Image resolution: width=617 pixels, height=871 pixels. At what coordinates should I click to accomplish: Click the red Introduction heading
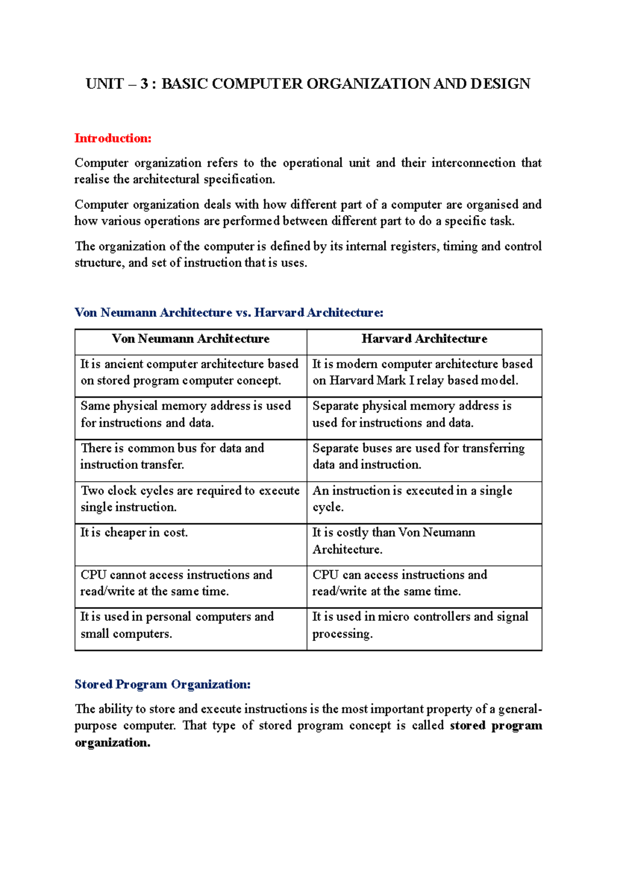(x=113, y=138)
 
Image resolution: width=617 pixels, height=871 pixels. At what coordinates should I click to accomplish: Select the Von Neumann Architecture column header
(x=191, y=339)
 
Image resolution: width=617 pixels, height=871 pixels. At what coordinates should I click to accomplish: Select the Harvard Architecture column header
(x=424, y=339)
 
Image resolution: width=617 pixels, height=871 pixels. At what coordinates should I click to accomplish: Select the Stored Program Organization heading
(x=162, y=685)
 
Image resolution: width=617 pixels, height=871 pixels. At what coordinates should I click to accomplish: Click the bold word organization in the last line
(x=112, y=743)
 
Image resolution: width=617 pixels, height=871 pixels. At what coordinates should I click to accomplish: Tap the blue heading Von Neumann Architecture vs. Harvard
(x=229, y=313)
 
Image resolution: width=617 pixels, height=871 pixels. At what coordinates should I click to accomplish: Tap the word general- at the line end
(x=520, y=709)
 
